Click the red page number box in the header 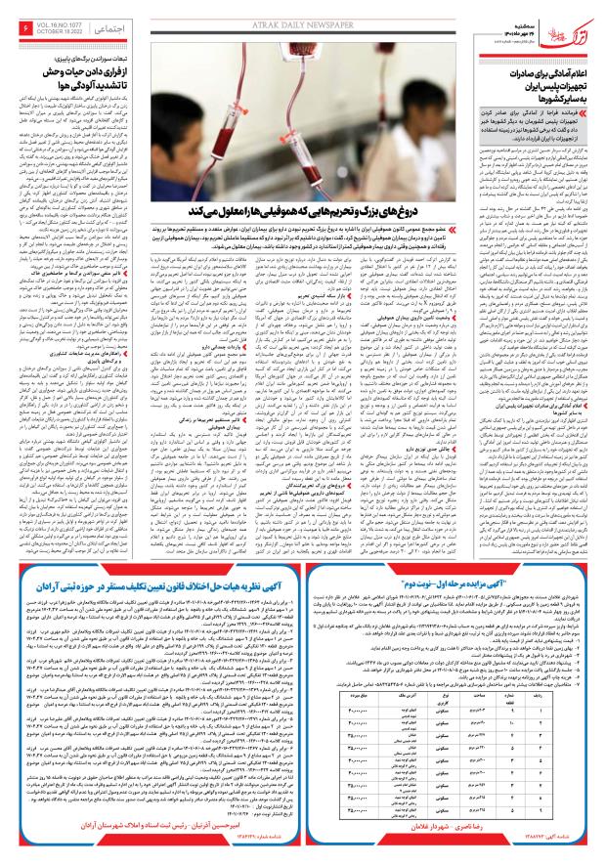(25, 32)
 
